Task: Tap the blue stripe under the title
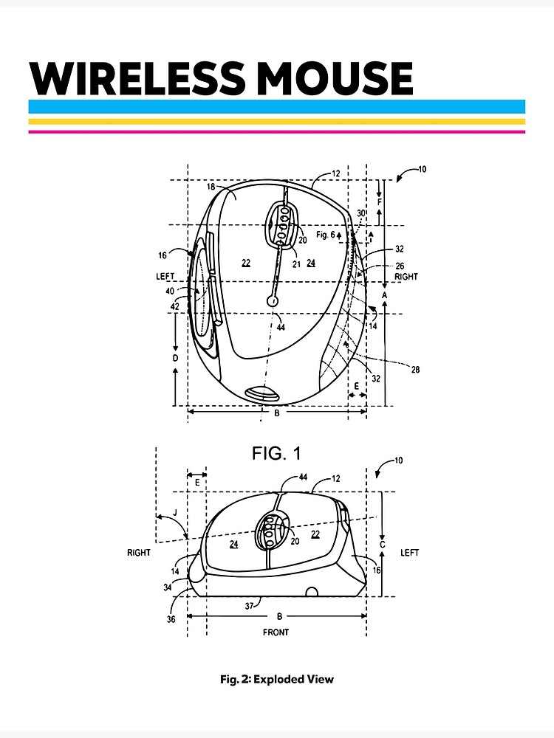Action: click(276, 106)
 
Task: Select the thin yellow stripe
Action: click(276, 122)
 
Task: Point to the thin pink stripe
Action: click(276, 131)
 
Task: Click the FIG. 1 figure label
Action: click(276, 453)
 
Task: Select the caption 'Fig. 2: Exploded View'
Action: click(276, 679)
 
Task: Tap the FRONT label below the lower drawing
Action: click(276, 632)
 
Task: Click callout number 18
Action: click(211, 187)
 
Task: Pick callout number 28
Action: click(415, 370)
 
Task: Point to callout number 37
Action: click(250, 605)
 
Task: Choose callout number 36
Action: click(171, 620)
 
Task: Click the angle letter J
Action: click(175, 512)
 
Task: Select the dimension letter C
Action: click(382, 545)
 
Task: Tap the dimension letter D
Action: click(175, 358)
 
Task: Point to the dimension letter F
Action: click(380, 201)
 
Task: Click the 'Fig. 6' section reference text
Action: click(325, 235)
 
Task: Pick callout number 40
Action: click(169, 291)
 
